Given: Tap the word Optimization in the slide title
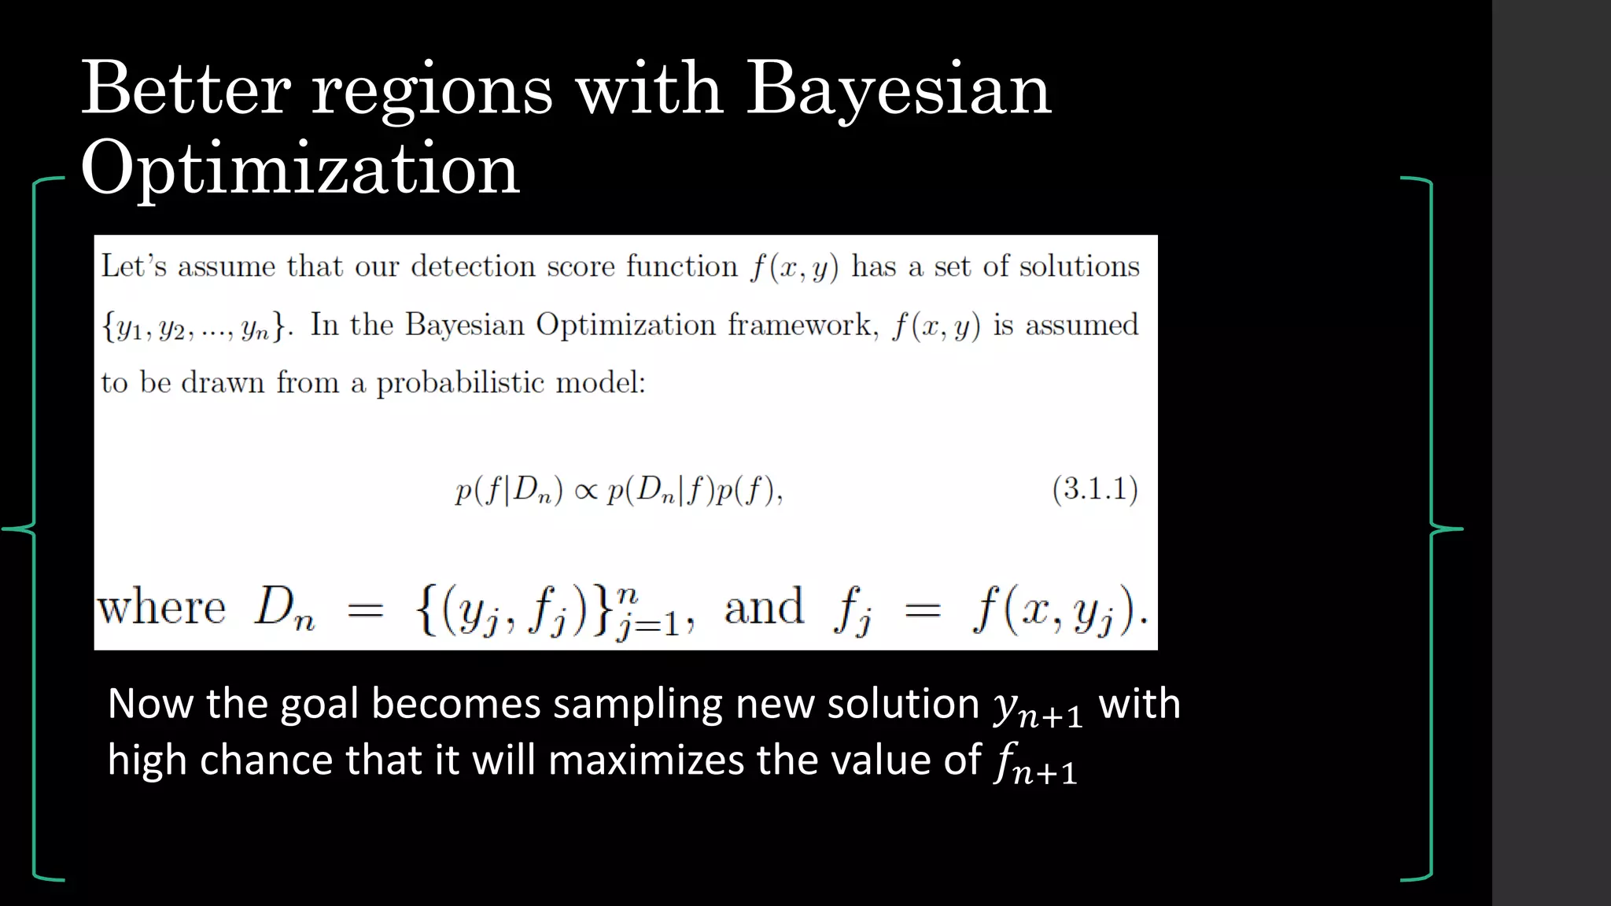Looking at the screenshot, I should click(x=300, y=170).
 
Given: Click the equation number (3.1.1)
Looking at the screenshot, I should click(x=1095, y=489).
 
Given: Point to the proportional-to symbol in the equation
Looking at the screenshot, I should click(x=586, y=492).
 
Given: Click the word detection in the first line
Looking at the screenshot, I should click(x=473, y=267).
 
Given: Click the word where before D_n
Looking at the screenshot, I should click(x=162, y=608).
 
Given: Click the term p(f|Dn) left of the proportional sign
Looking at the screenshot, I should click(x=509, y=491).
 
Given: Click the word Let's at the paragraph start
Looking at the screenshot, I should click(x=134, y=267).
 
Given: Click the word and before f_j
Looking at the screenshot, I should click(x=764, y=608).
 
